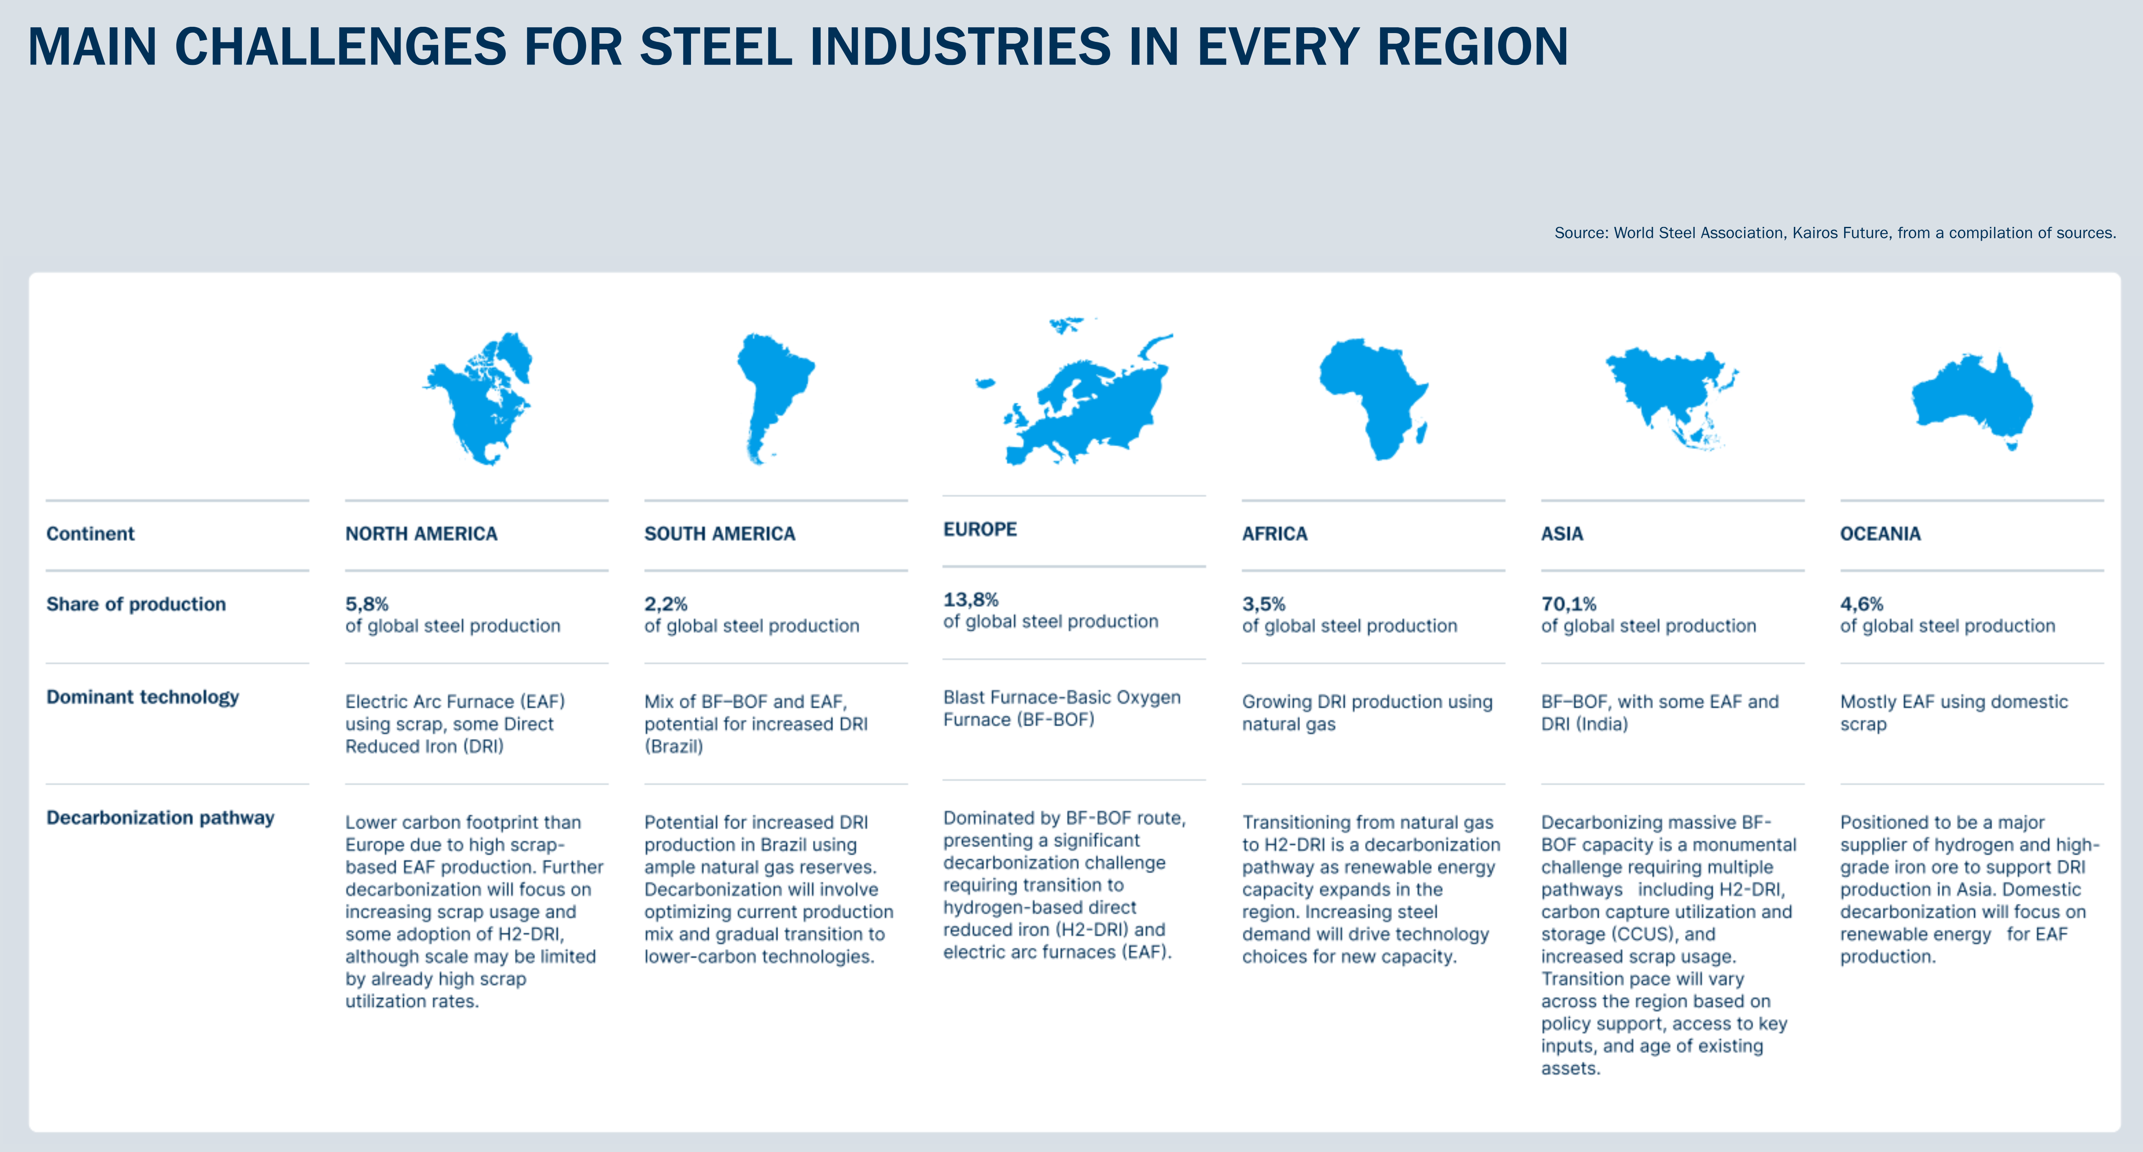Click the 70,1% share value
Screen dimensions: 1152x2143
(1568, 604)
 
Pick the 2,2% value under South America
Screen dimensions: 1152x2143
(666, 604)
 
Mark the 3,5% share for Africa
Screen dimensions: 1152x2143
(1263, 604)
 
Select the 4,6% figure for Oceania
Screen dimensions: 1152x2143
(1861, 604)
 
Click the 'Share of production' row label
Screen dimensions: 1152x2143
(136, 604)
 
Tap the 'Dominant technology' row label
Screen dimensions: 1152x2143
(142, 697)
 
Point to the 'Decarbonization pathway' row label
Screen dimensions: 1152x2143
(160, 818)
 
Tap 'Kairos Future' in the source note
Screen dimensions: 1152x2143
(1840, 233)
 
